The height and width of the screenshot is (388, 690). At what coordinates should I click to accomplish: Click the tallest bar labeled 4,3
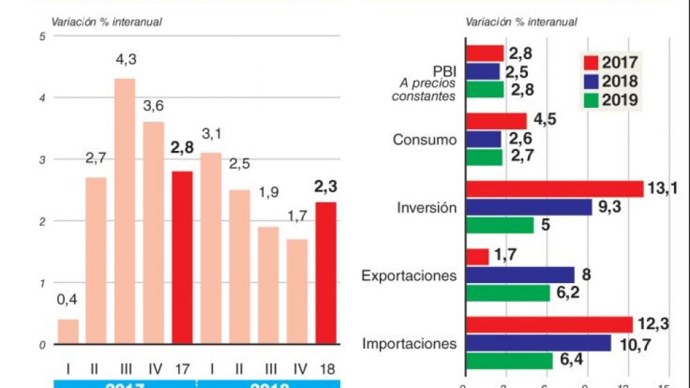(x=125, y=211)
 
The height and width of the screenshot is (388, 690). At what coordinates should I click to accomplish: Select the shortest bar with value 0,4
(x=68, y=331)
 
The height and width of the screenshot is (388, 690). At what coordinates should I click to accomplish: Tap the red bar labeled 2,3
(x=326, y=273)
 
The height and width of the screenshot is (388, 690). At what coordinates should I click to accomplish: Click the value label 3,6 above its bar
(x=153, y=106)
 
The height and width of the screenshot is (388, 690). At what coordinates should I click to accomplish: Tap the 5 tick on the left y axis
(x=42, y=36)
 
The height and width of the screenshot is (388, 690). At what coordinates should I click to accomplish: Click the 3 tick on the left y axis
(x=42, y=160)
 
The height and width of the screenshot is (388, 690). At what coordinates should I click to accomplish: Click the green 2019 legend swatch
(x=590, y=100)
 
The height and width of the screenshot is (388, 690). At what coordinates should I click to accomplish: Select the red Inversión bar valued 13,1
(x=554, y=189)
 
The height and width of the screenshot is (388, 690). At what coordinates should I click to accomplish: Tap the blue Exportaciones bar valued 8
(x=520, y=275)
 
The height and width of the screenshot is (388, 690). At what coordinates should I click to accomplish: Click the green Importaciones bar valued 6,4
(x=509, y=361)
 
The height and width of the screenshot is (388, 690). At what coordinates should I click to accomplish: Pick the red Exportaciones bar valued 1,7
(x=478, y=257)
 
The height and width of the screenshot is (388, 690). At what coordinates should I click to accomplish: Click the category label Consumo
(x=425, y=139)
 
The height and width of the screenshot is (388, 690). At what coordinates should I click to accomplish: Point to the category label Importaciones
(x=410, y=343)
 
